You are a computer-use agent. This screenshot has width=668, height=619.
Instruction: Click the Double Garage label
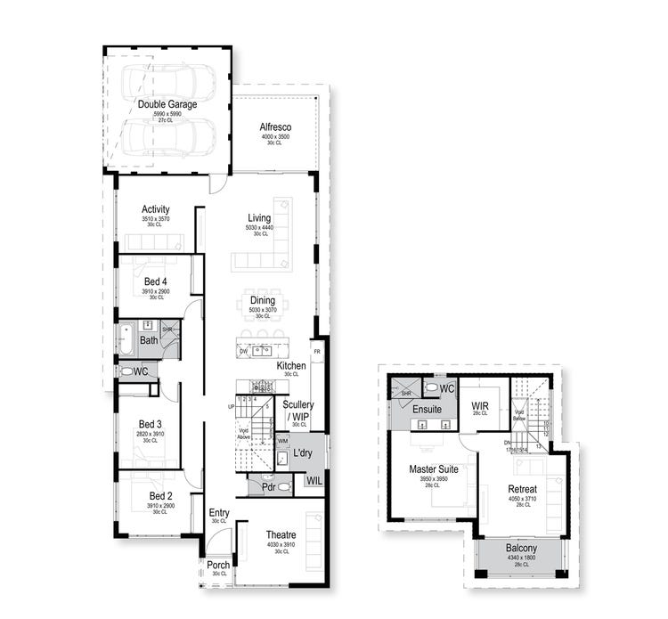[167, 104]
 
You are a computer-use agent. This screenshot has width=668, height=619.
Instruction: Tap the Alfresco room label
[276, 126]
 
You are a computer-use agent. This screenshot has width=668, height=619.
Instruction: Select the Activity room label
[155, 209]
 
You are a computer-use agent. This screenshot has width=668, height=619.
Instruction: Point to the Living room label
[259, 218]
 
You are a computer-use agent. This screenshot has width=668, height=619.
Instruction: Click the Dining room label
[263, 301]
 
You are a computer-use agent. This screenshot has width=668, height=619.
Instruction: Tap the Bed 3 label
[150, 424]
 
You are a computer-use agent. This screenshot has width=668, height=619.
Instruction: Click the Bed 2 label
[159, 495]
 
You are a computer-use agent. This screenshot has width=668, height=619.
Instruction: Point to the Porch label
[218, 565]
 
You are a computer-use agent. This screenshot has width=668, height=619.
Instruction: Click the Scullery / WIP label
[298, 410]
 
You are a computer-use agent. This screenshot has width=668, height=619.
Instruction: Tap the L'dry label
[303, 453]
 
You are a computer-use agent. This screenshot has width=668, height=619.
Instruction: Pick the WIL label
[314, 481]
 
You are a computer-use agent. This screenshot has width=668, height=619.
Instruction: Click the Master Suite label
[434, 468]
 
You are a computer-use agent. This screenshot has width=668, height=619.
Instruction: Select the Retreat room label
[523, 489]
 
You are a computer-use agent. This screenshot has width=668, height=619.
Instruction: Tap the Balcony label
[522, 549]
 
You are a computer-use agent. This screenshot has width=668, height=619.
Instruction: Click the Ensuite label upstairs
[428, 410]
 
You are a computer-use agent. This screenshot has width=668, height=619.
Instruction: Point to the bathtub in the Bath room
[127, 340]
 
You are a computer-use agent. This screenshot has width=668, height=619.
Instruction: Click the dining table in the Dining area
[263, 303]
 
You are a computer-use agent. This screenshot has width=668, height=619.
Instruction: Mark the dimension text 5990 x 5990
[167, 114]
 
